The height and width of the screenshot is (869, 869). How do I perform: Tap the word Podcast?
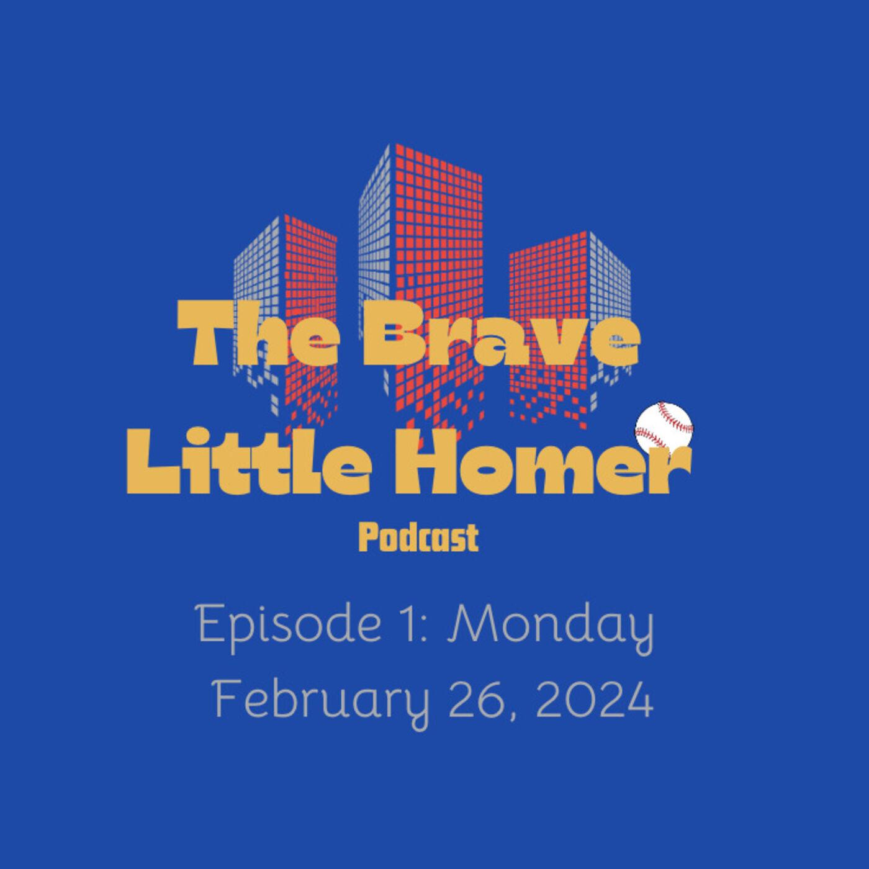418,538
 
